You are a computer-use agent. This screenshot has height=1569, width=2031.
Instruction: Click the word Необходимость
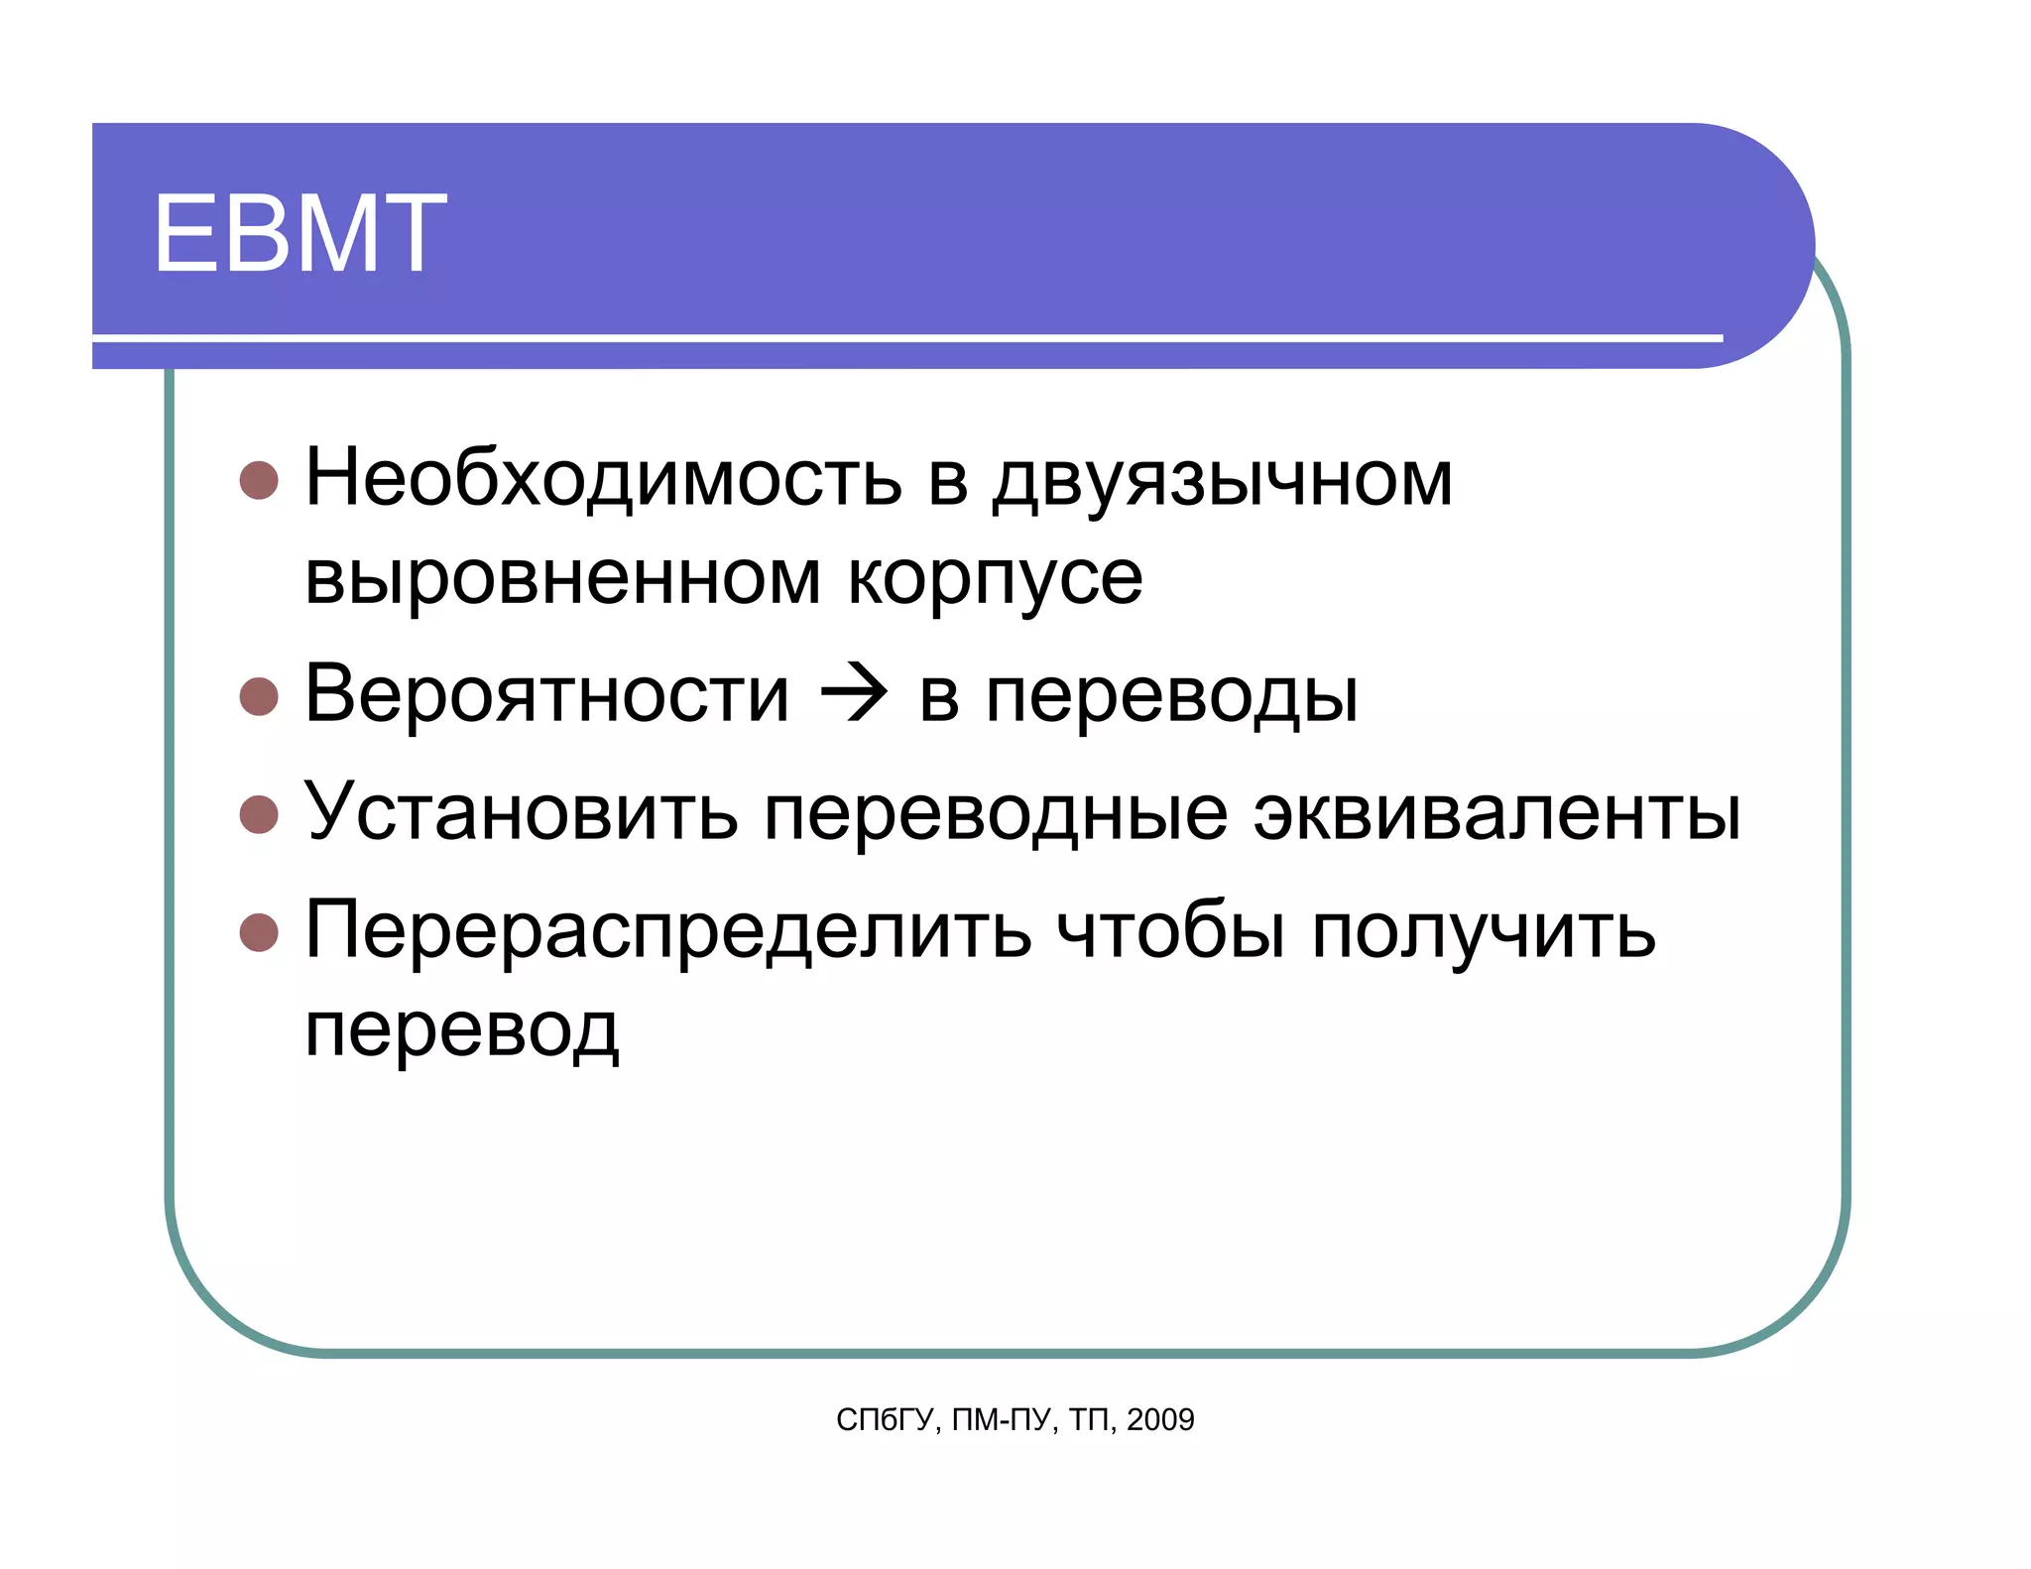coord(603,478)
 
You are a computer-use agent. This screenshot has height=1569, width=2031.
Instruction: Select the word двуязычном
coord(1223,480)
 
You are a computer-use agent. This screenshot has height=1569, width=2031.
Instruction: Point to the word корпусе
coord(995,579)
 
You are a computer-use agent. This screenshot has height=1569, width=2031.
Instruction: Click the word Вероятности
coord(547,693)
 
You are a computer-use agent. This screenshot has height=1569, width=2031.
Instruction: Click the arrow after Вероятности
coord(854,694)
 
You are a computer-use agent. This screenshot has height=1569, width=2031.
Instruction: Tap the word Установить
coord(521,811)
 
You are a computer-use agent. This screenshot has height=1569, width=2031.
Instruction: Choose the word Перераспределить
coord(667,930)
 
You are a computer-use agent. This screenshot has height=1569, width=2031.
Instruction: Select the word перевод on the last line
coord(462,1029)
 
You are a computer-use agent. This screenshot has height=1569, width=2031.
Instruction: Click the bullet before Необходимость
coord(259,480)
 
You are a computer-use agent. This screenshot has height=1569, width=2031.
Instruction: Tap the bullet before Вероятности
coord(259,696)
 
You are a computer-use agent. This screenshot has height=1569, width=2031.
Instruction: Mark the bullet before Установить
coord(259,814)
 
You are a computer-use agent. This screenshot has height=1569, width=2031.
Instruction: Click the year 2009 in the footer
coord(1160,1419)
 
